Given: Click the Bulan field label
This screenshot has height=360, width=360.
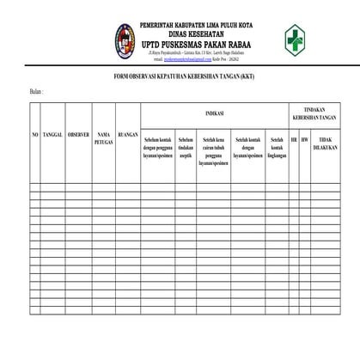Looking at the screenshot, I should (x=35, y=90).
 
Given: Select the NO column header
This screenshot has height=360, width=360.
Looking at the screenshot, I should (x=35, y=137).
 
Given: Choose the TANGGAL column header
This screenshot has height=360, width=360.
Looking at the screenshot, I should (x=52, y=137).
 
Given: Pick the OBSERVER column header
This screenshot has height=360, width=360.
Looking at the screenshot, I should (x=78, y=137).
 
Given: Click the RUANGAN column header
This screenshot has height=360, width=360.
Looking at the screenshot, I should (x=127, y=135).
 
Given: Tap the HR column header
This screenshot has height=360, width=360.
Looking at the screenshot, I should (x=294, y=137).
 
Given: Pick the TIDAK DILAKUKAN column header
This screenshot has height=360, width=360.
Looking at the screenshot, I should (x=324, y=143).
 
